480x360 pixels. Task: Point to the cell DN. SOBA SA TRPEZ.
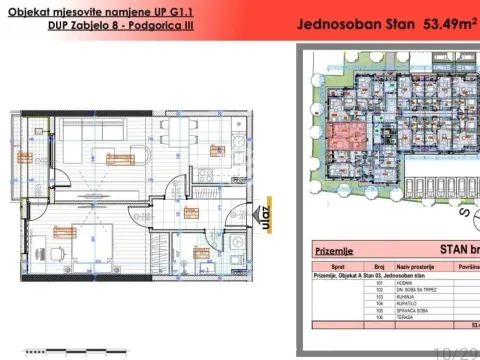pyautogui.click(x=424, y=289)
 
